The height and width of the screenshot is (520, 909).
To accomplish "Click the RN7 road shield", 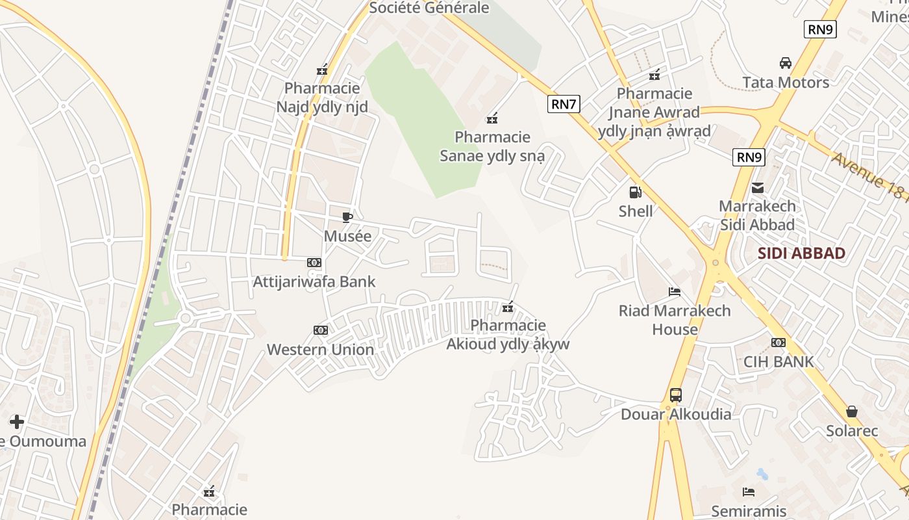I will point(563,104).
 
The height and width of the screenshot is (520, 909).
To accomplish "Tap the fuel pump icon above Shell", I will point(635,192).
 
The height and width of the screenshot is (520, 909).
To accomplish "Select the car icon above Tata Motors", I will point(786,63).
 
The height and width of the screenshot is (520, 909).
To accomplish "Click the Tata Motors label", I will point(786,83).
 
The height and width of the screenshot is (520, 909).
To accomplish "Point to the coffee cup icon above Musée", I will point(347,217).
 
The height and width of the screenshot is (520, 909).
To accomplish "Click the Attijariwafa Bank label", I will point(314,281).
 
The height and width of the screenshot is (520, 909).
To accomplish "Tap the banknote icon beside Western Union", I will point(321,330).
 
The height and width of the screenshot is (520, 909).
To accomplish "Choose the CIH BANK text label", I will point(778,362).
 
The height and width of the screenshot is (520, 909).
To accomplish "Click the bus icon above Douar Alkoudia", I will point(676,395).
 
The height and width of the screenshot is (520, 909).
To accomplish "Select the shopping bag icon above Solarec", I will point(852,411).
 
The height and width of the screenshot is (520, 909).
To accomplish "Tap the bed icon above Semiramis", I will point(749,492).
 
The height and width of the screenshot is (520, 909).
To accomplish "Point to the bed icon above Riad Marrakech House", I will point(675,292).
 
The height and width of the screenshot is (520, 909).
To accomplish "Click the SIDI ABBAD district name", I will point(802,253).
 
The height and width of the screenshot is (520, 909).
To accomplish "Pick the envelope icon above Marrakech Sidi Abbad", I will point(757,188).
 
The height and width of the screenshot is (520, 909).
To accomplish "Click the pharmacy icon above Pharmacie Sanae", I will point(492,118).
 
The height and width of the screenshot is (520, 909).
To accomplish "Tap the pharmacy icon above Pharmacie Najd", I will point(322,70).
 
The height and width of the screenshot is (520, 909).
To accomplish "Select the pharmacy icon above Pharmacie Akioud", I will point(508,307).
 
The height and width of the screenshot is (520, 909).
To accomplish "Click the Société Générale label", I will point(429,8).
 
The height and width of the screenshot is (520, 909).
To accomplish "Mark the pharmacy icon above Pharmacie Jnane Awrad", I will point(654,75).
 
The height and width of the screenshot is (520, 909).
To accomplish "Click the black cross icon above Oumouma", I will point(17,422).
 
